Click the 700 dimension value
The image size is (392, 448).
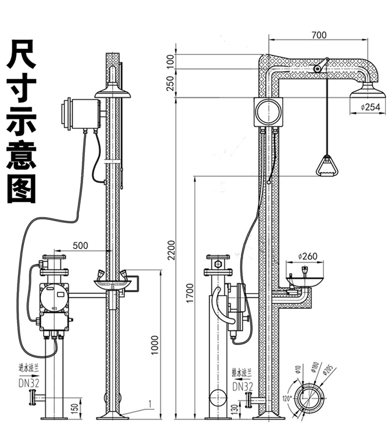pos(318,35)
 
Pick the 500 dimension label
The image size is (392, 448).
pos(81,245)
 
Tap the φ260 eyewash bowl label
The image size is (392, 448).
pos(307,256)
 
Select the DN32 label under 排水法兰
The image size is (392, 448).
pos(242,386)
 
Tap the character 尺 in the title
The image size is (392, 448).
pos(21,54)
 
